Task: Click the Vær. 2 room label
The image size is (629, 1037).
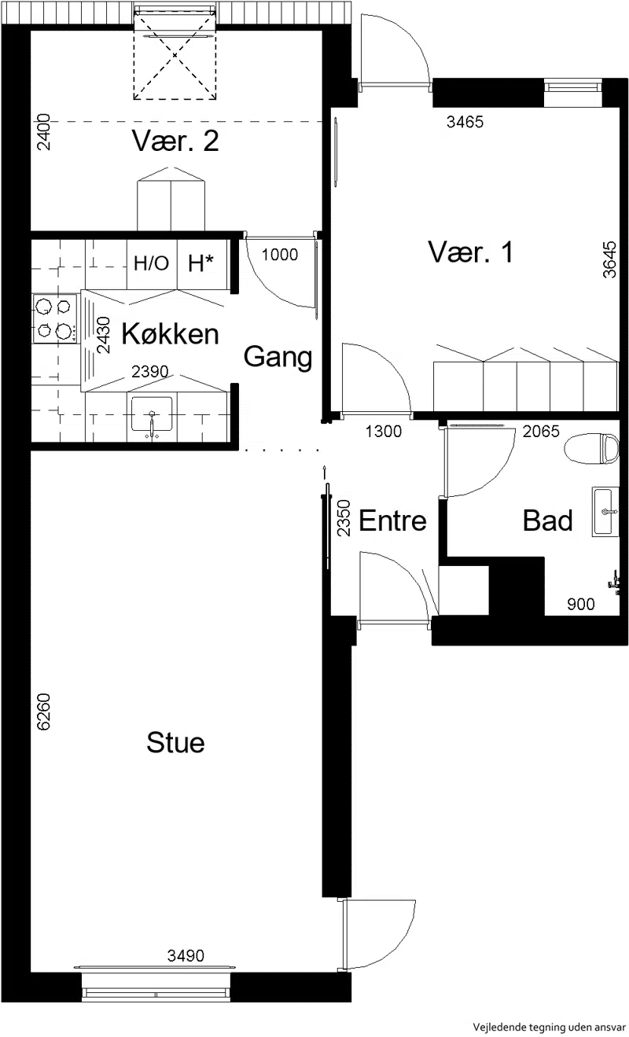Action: point(175,141)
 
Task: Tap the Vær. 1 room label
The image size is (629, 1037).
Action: point(471,252)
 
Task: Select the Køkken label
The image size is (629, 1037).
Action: point(170,333)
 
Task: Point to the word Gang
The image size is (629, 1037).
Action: point(278,358)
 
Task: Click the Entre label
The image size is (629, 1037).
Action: point(392,520)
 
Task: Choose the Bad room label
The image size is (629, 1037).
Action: point(547,520)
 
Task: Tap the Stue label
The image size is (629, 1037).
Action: point(175,742)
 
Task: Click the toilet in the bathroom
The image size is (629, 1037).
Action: point(591,448)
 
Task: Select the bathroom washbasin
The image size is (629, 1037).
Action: point(605,512)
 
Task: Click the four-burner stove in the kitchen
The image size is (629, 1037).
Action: point(54,318)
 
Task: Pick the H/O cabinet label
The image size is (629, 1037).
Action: point(151,263)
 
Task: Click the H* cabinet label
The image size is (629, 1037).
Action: point(200,263)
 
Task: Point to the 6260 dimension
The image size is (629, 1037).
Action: point(43,712)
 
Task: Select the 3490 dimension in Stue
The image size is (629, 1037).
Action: point(186,955)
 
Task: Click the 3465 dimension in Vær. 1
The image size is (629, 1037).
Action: point(465,122)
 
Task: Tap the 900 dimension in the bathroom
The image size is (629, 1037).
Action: point(581,604)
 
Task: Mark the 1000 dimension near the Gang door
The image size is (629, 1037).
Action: point(280,254)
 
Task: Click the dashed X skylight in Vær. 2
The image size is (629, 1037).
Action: point(175,56)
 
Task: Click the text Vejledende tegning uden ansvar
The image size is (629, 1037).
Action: point(549,1027)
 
